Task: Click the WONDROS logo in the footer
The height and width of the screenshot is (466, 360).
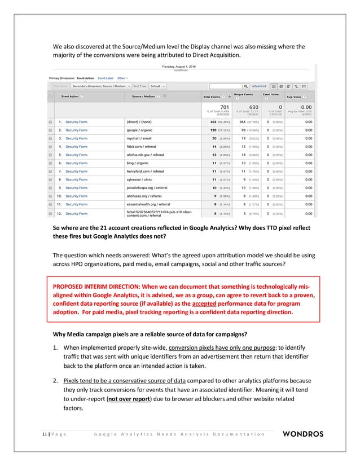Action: pyautogui.click(x=302, y=434)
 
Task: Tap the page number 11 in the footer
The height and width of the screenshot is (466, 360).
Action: pyautogui.click(x=44, y=434)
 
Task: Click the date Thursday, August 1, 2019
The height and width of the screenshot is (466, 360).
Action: pyautogui.click(x=180, y=67)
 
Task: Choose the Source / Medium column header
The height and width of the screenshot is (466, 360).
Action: pyautogui.click(x=144, y=96)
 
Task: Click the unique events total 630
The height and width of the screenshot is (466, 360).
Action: pyautogui.click(x=253, y=106)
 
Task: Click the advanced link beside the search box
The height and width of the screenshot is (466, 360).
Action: pyautogui.click(x=259, y=86)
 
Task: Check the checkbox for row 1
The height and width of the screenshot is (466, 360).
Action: pyautogui.click(x=50, y=121)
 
